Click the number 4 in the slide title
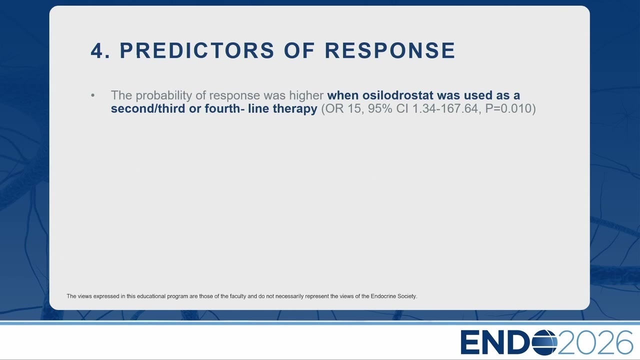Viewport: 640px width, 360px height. click(x=97, y=51)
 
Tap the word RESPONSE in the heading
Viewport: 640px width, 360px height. click(x=390, y=51)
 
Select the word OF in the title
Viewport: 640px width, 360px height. click(x=299, y=51)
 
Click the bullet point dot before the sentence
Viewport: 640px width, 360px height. click(x=93, y=95)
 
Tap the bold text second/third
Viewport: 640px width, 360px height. click(x=148, y=108)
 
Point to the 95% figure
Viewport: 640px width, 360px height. click(x=380, y=108)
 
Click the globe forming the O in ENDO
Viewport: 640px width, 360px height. click(x=544, y=342)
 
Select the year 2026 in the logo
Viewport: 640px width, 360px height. click(x=595, y=342)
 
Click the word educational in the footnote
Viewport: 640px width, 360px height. click(x=151, y=296)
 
